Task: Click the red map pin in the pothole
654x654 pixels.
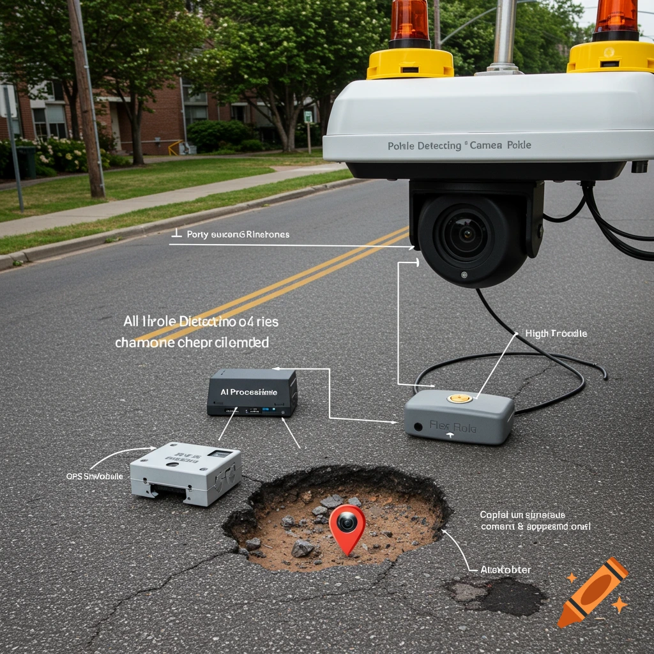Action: point(347,525)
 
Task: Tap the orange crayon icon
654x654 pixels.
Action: point(592,591)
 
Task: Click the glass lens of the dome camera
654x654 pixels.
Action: point(464,235)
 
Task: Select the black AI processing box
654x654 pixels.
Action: point(252,392)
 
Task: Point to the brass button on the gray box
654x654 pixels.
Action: point(459,399)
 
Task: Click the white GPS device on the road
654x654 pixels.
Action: point(185,473)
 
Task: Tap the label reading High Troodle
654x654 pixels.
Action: point(556,333)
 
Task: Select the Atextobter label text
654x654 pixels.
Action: point(505,569)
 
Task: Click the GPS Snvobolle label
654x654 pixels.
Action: point(95,476)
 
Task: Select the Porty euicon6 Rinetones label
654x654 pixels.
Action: point(238,234)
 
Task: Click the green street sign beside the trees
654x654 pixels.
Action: point(308,117)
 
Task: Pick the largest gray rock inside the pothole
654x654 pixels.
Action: point(303,548)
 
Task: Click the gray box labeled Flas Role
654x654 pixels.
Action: point(459,418)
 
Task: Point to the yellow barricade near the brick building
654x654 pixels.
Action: point(174,148)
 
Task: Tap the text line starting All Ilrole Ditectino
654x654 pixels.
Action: point(201,321)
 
